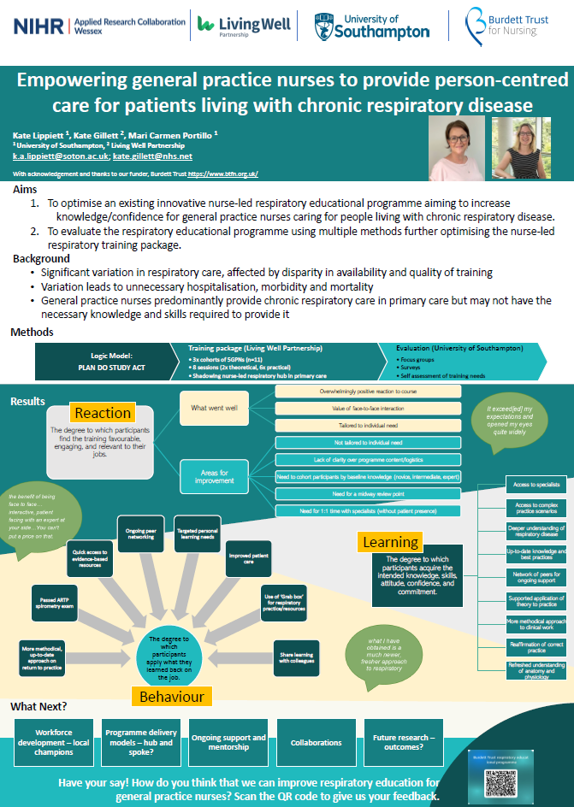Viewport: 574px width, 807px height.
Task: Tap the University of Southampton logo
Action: click(x=371, y=26)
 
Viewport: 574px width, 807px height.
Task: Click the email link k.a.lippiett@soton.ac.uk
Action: click(x=60, y=156)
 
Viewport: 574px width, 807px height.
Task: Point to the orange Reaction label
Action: click(x=103, y=414)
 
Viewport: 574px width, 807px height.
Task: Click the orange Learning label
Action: click(x=390, y=542)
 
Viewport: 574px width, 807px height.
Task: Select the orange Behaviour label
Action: click(x=172, y=696)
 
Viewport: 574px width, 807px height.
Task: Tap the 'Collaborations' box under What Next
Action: click(x=316, y=743)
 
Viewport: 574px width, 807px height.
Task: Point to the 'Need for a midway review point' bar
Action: click(x=369, y=494)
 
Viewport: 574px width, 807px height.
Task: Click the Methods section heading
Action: click(x=33, y=333)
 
